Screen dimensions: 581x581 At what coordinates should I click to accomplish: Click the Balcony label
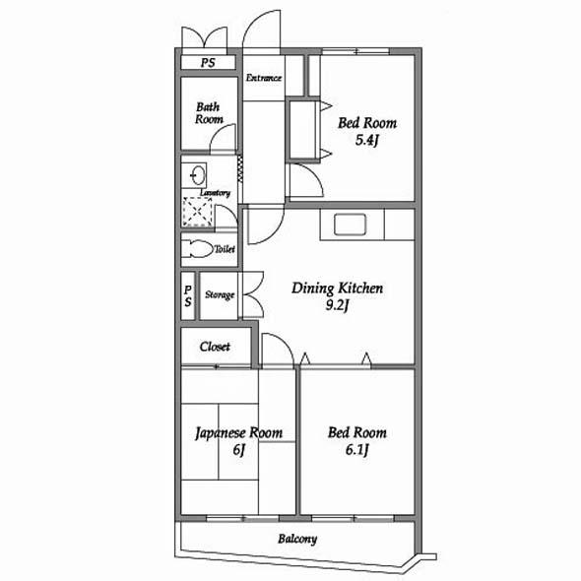pos(297,539)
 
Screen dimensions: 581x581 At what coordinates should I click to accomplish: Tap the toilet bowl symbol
pos(198,248)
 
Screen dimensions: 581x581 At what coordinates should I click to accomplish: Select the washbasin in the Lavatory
pos(198,175)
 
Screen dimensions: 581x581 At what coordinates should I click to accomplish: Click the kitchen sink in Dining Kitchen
pos(350,225)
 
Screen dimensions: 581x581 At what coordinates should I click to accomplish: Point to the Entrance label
pos(264,78)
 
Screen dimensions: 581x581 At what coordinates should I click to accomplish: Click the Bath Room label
pos(209,113)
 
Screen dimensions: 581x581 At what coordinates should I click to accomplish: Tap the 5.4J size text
pos(366,141)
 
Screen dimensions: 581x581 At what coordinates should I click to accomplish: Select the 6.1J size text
pos(356,450)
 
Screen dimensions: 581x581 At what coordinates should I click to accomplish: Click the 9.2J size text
pos(337,306)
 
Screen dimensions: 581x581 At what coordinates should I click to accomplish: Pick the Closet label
pos(215,347)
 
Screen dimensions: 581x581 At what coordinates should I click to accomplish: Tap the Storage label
pos(220,295)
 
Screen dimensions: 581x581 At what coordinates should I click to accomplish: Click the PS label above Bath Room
pos(208,63)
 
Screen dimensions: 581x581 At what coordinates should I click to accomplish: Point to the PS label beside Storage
pos(188,296)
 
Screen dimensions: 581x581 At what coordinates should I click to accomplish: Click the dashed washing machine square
pos(197,212)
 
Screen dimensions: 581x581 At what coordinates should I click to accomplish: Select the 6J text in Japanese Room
pos(238,450)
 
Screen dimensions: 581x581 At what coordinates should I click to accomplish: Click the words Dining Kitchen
pos(337,289)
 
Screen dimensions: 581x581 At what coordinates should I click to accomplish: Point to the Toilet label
pos(225,249)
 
